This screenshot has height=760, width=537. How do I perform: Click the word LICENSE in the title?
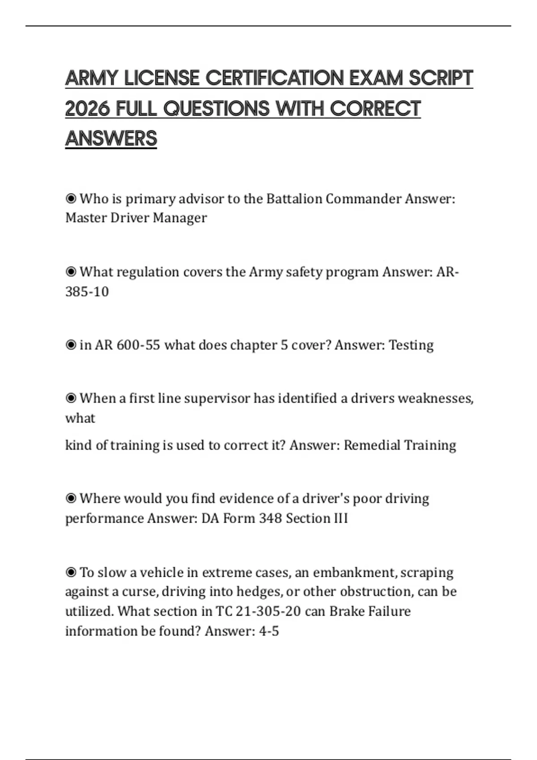pos(162,78)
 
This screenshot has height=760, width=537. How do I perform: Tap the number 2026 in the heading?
pos(87,108)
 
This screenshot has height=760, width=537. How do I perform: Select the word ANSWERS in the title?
pos(111,138)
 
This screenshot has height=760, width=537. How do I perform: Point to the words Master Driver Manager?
pos(136,218)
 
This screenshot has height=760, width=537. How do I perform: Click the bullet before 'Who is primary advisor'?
pos(71,198)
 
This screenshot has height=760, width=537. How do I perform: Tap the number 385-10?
pos(87,291)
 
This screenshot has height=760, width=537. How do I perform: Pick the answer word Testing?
pos(411,345)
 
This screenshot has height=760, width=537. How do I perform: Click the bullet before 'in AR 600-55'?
pos(71,345)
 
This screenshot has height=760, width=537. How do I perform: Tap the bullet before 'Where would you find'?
pos(71,498)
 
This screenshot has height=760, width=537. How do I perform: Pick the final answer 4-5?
pos(269,631)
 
